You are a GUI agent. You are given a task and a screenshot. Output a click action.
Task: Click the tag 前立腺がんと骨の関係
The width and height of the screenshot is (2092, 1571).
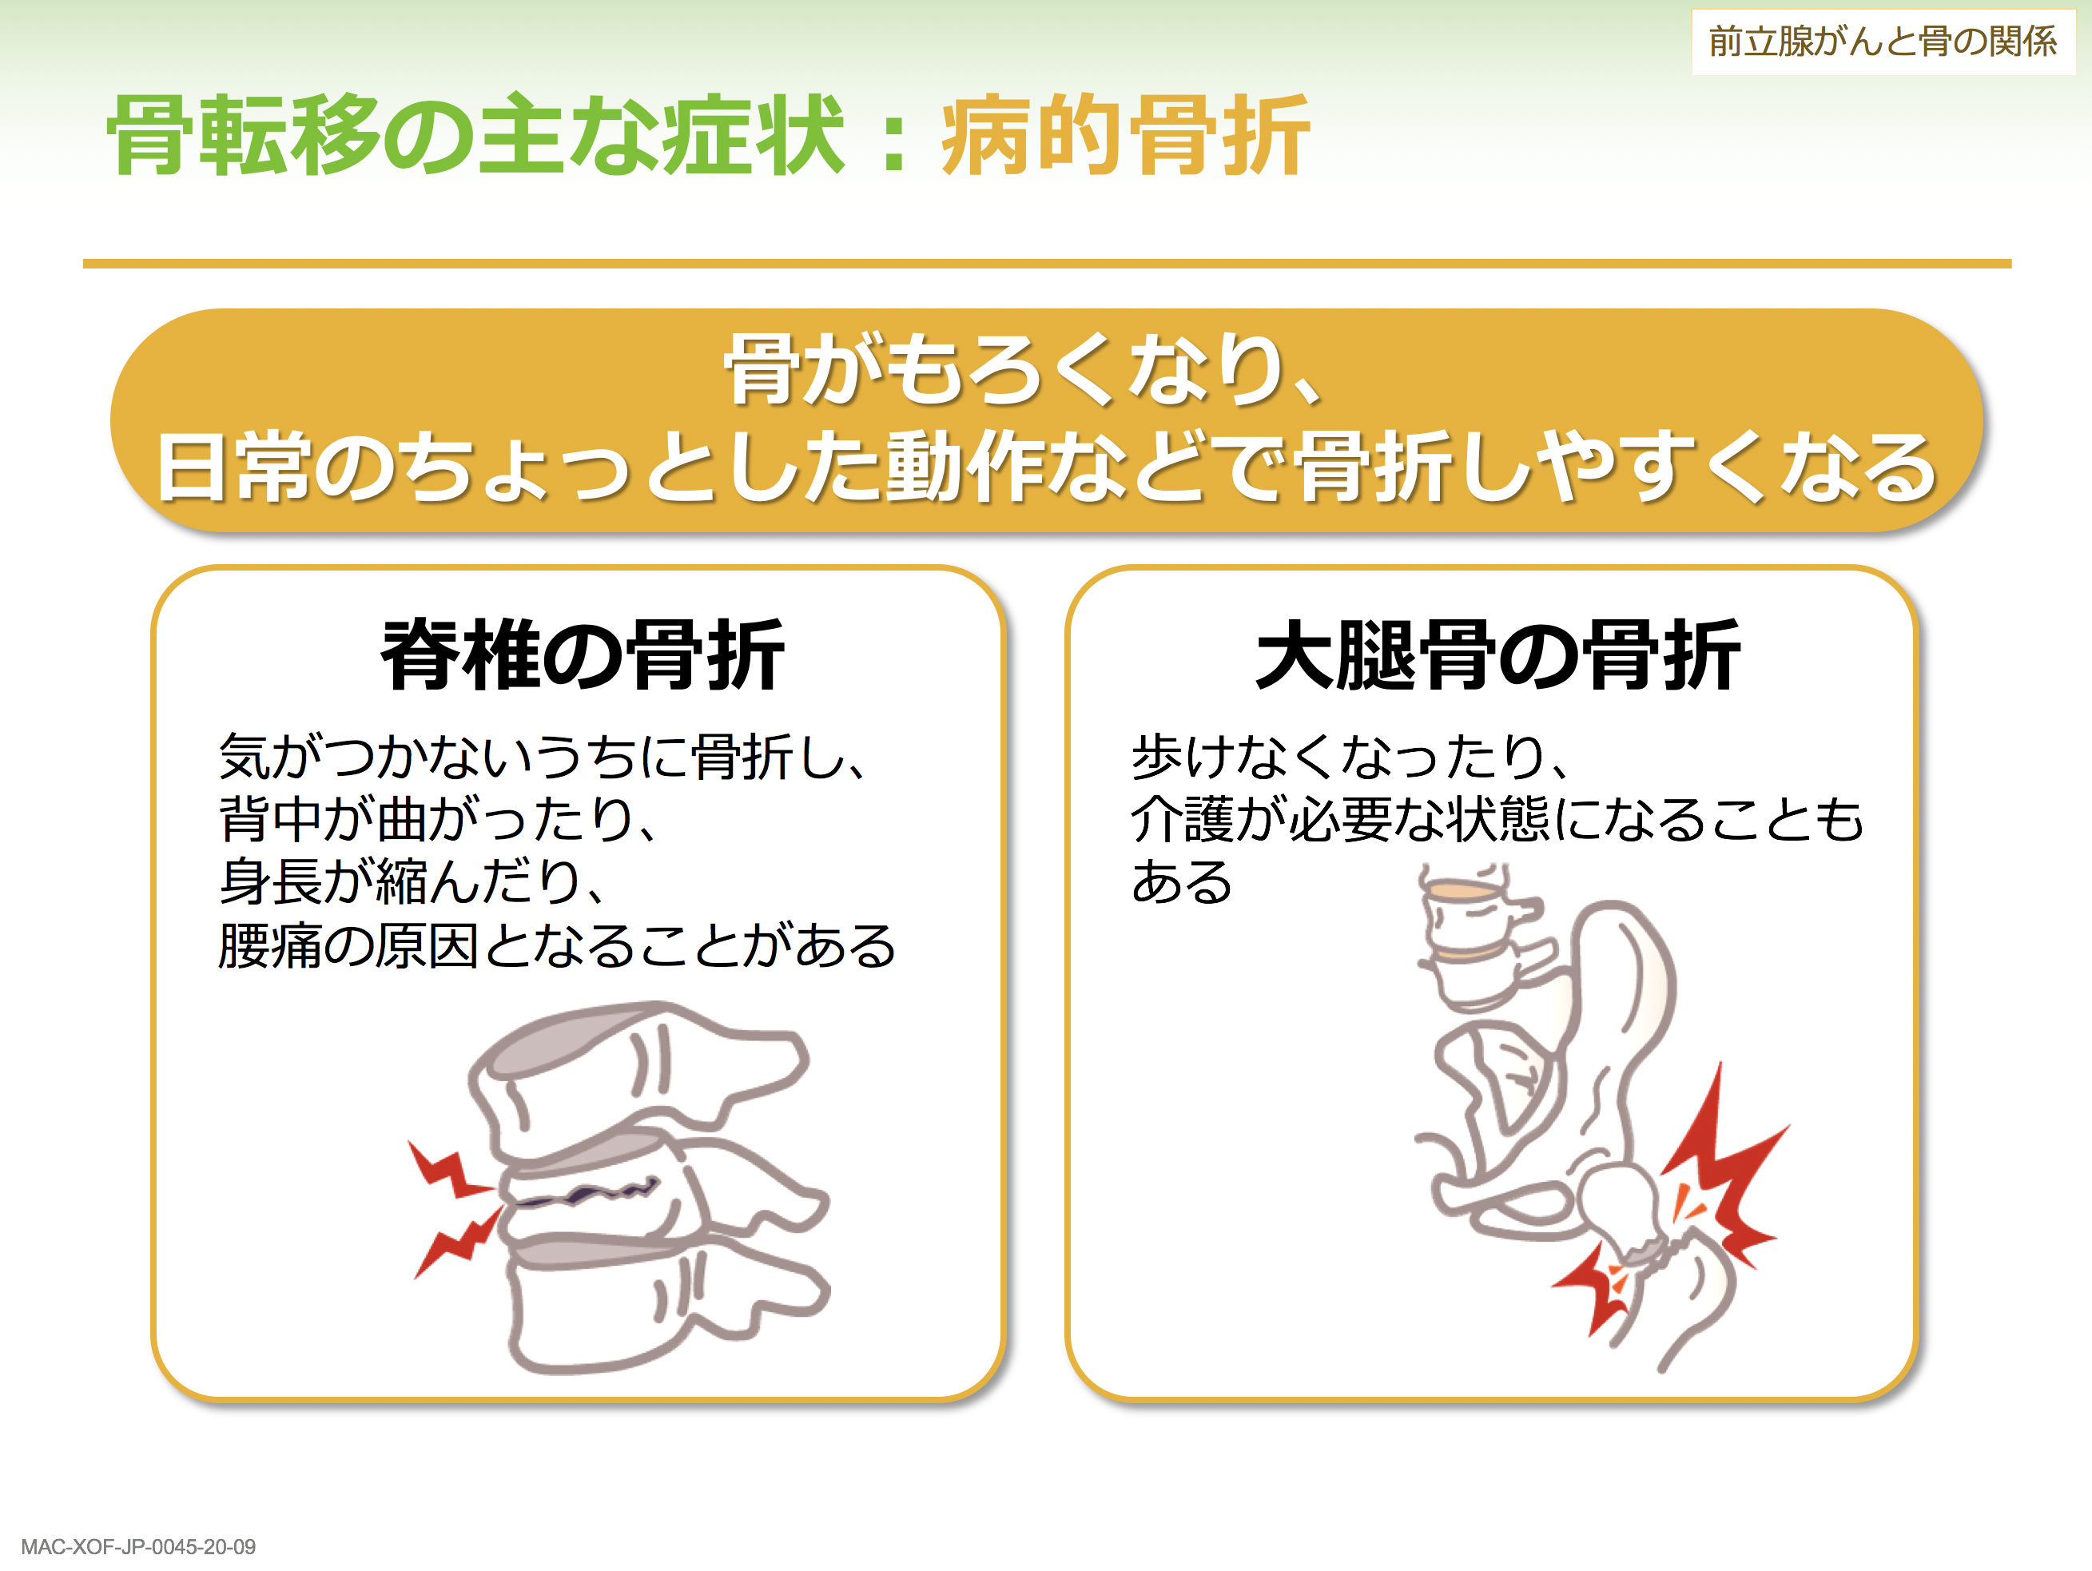(x=1882, y=42)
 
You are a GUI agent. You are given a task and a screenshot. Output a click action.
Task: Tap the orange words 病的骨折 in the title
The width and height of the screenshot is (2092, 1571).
(x=1124, y=135)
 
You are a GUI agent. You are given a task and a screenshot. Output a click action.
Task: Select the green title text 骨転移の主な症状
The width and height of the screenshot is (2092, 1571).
(x=475, y=135)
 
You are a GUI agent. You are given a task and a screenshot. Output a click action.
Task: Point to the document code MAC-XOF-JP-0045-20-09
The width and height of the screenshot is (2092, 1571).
(x=138, y=1546)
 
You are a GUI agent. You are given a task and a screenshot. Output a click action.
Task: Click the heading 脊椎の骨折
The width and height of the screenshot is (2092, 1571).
(x=583, y=654)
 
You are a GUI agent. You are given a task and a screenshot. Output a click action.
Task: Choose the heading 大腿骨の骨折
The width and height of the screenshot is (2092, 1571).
(x=1498, y=654)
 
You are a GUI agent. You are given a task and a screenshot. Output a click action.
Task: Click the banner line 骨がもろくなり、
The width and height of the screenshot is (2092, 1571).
(x=1024, y=370)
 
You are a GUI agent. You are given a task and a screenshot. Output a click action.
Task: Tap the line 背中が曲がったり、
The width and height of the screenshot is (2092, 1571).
(x=438, y=818)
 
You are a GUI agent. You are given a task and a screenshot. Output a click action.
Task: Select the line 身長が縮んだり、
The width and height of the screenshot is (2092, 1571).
(x=412, y=881)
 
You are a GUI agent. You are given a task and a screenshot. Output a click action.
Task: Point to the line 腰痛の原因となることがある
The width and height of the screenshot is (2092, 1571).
(x=557, y=945)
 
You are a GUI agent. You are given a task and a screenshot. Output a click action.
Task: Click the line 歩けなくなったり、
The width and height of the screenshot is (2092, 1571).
(x=1351, y=756)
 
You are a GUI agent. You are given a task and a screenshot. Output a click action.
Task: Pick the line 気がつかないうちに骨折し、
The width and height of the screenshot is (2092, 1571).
(x=543, y=756)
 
